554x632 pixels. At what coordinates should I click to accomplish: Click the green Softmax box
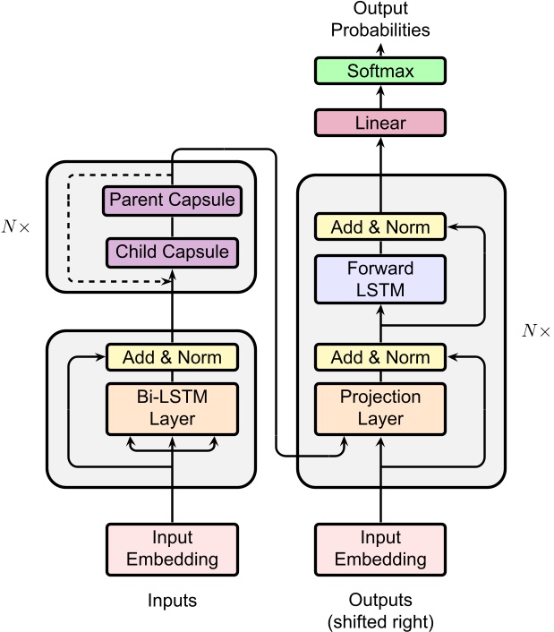pos(380,71)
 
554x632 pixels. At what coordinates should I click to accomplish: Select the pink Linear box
pos(380,123)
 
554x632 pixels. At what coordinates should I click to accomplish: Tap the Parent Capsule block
pos(172,199)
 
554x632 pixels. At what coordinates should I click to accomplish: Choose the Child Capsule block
pos(172,252)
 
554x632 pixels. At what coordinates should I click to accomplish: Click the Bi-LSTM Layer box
pos(172,406)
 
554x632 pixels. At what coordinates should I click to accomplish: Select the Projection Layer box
pos(380,406)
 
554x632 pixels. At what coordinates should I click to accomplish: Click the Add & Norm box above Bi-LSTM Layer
pos(172,357)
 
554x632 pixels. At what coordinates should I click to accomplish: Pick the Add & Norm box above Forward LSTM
pos(380,227)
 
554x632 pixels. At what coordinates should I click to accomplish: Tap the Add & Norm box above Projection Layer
pos(380,357)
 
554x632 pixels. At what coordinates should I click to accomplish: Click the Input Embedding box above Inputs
pos(172,549)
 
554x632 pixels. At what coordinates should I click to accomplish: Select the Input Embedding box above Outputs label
pos(380,549)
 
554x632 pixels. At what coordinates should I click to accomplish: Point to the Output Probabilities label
pos(380,20)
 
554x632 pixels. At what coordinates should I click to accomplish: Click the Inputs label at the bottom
pos(172,600)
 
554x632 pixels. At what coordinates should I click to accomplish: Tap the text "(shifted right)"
pos(380,620)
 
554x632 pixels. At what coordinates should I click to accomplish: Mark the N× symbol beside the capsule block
pos(16,227)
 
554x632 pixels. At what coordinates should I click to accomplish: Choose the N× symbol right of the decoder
pos(535,331)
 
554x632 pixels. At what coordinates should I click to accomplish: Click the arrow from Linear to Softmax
pos(380,97)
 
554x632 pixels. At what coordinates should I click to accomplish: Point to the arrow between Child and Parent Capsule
pos(172,226)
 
